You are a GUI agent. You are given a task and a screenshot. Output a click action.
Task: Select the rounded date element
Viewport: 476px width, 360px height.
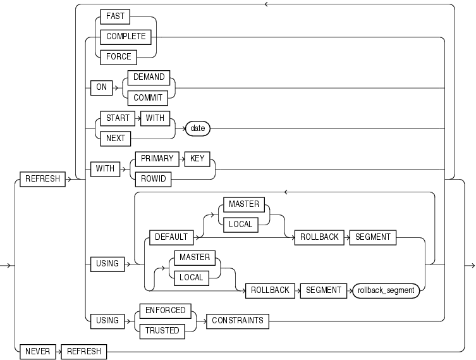click(x=197, y=128)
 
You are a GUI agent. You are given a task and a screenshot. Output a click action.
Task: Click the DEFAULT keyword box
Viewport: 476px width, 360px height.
click(x=170, y=237)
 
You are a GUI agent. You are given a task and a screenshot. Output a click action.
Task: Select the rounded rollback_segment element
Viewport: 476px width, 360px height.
click(x=386, y=290)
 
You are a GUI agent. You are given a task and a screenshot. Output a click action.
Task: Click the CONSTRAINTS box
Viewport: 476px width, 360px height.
click(x=238, y=321)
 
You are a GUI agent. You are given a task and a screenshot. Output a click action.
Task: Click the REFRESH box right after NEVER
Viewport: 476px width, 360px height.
click(x=83, y=351)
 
